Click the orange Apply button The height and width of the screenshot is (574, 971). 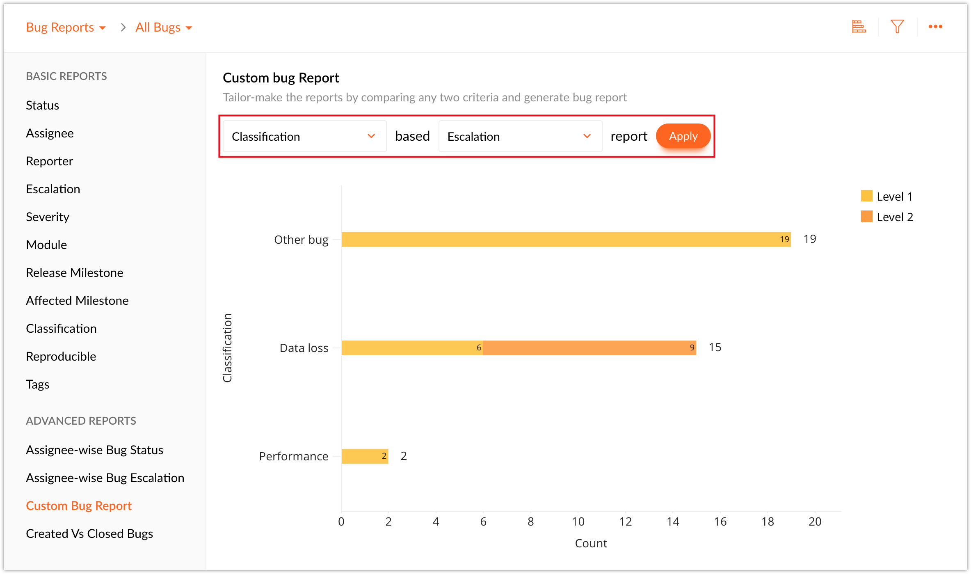[x=683, y=136]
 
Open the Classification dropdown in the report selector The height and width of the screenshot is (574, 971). [x=304, y=137]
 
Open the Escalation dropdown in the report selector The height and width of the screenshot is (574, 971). [x=520, y=137]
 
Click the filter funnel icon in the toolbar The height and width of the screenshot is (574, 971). [x=897, y=27]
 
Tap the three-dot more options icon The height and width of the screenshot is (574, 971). [x=935, y=27]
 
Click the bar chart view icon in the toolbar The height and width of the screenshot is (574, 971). [x=859, y=27]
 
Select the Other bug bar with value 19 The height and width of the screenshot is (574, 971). [x=566, y=240]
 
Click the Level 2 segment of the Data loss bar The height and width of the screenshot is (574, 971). [x=589, y=348]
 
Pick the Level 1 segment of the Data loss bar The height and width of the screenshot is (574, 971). [x=412, y=348]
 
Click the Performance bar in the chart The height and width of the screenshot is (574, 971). [x=365, y=456]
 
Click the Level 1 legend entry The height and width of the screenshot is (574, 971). [x=887, y=197]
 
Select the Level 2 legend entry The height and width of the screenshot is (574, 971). [x=887, y=217]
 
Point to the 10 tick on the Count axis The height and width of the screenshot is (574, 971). [x=578, y=522]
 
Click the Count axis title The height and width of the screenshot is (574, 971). [x=591, y=543]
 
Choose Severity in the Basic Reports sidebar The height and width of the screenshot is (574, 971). [x=48, y=217]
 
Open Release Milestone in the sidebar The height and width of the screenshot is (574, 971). [x=75, y=273]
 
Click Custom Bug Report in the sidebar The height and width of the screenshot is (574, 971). [x=79, y=506]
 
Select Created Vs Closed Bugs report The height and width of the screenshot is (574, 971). [x=89, y=534]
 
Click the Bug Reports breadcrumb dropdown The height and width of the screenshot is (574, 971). [x=66, y=27]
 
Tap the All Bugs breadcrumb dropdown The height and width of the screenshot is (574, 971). [x=164, y=27]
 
